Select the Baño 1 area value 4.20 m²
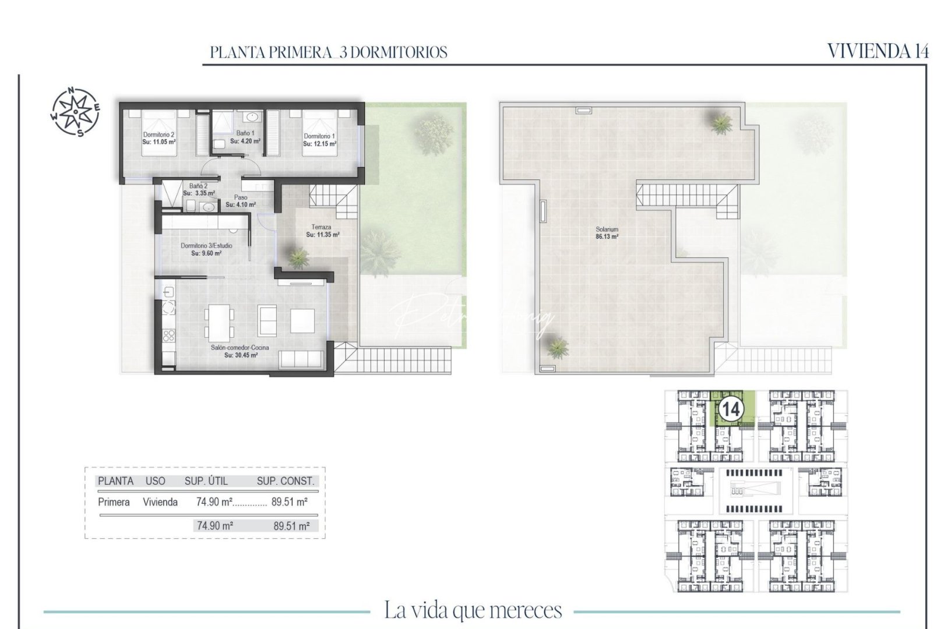[x=245, y=141]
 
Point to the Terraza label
[x=321, y=227]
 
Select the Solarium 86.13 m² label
[x=607, y=233]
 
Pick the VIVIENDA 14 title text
[x=878, y=51]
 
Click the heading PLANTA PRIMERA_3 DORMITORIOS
[x=329, y=52]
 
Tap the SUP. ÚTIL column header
[x=206, y=481]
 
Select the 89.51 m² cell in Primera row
[x=290, y=502]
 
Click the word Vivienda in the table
[x=160, y=502]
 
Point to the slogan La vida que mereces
[x=473, y=610]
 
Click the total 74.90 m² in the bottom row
[x=215, y=525]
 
